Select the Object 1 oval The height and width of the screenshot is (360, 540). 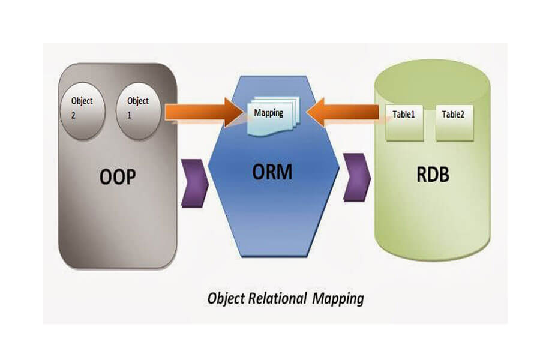(x=139, y=109)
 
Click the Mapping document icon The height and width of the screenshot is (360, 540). (x=270, y=115)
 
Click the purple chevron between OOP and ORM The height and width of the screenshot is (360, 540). (x=194, y=180)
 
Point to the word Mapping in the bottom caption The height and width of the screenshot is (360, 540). (x=338, y=298)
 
